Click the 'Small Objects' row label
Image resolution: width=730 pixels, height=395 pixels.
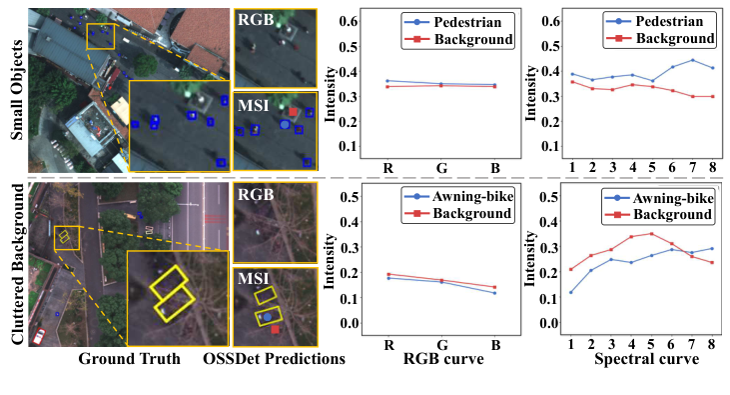(15, 90)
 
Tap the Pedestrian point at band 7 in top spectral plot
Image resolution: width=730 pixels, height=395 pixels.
(692, 60)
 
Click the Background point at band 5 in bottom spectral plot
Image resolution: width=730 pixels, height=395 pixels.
(652, 234)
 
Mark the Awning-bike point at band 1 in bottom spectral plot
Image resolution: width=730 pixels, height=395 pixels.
(572, 292)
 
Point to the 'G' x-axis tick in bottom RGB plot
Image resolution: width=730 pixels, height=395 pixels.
(440, 344)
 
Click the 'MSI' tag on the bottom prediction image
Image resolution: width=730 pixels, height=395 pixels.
(250, 280)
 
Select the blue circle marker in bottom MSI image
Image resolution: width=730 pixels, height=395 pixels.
(267, 316)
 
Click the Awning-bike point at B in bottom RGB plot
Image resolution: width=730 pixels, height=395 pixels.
(494, 293)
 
